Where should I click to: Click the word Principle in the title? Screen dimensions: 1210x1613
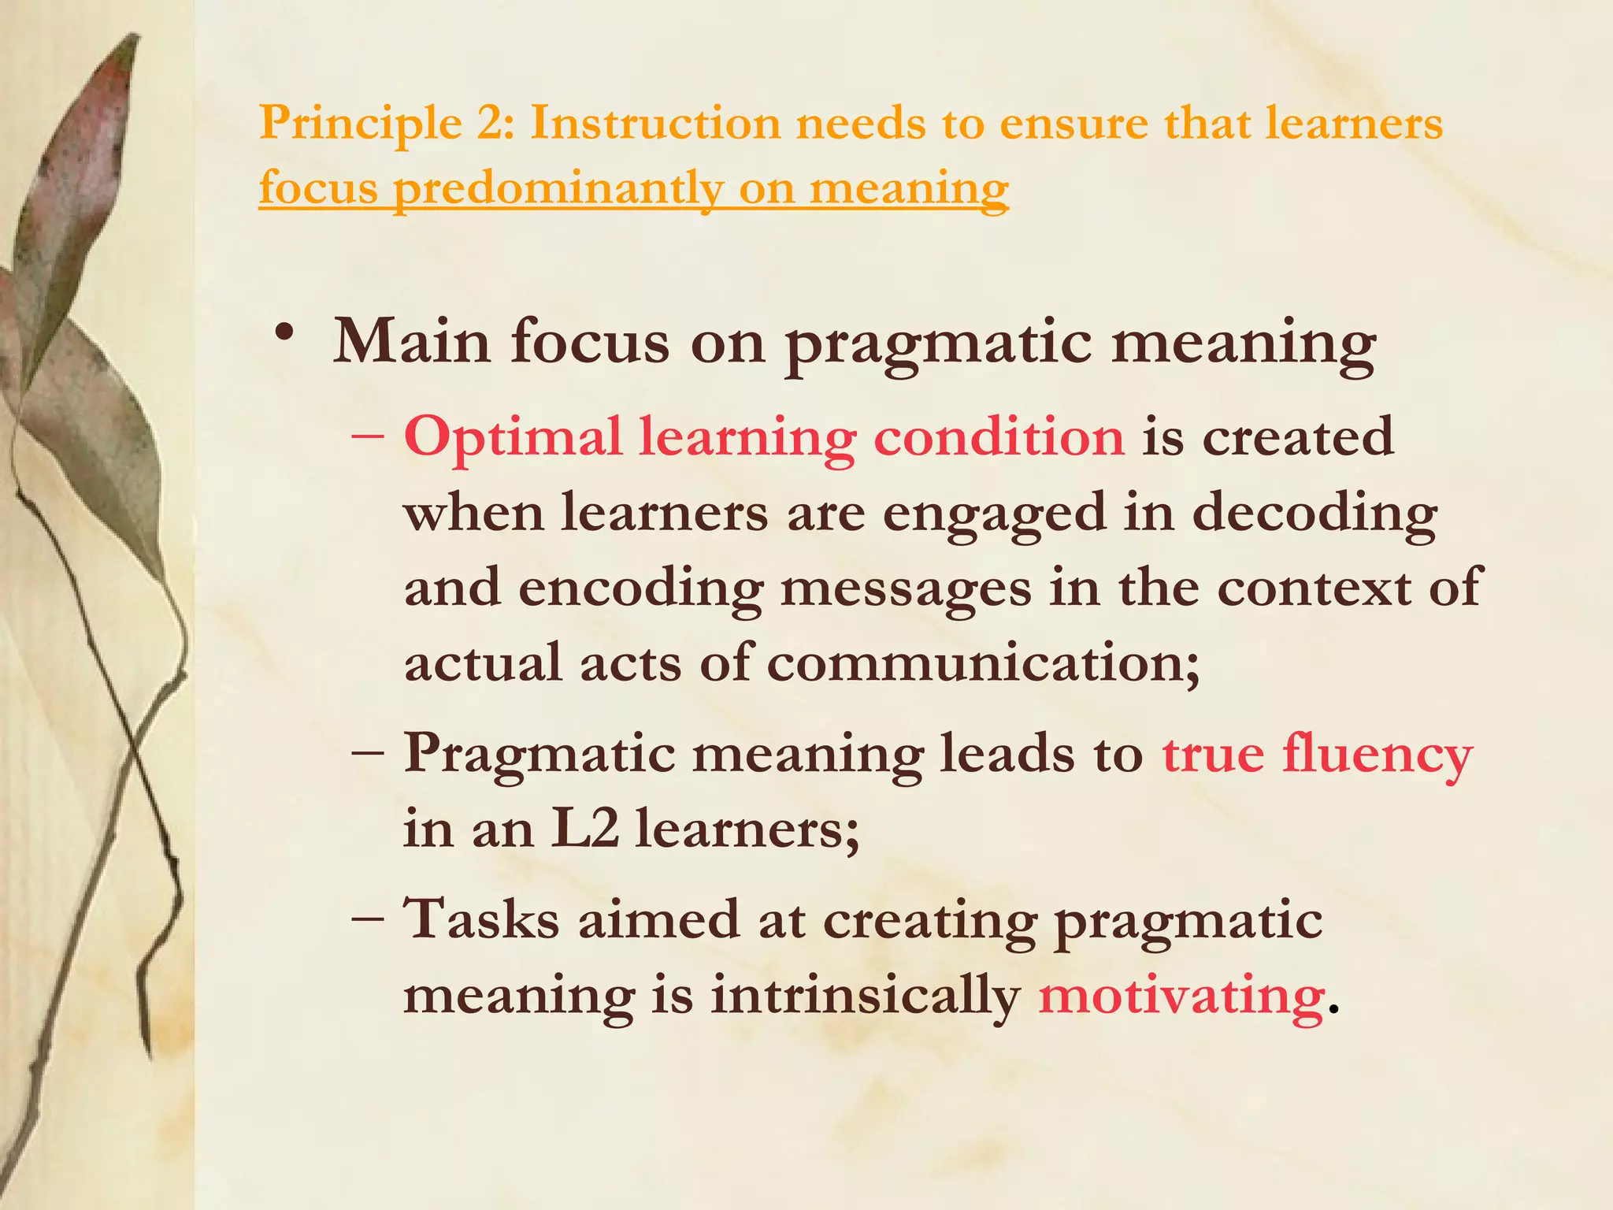[x=360, y=124]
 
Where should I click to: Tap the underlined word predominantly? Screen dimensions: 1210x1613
[x=555, y=190]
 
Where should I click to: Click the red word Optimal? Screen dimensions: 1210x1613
[x=513, y=438]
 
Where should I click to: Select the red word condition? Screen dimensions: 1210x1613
[x=999, y=436]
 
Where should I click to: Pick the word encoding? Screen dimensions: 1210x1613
[x=640, y=589]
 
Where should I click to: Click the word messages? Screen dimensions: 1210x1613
[x=906, y=588]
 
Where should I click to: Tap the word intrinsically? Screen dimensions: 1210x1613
[x=865, y=995]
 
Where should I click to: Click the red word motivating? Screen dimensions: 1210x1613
[x=1181, y=995]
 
